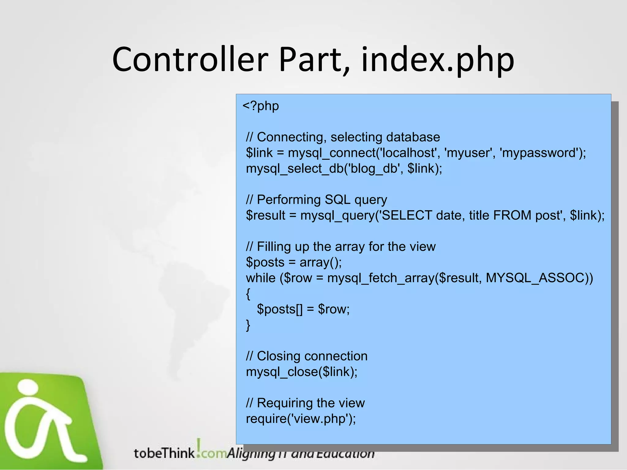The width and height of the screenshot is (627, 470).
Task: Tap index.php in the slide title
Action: [x=438, y=60]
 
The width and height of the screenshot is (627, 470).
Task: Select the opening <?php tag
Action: [x=261, y=106]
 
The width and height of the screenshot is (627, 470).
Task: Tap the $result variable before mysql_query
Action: [x=265, y=215]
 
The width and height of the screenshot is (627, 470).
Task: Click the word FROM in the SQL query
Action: [x=512, y=215]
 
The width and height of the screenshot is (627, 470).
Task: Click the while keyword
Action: [x=261, y=278]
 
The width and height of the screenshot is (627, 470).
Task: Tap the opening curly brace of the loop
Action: [x=248, y=294]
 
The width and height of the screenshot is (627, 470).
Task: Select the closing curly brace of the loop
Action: [x=248, y=325]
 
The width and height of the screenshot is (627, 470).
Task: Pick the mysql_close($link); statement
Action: [x=302, y=372]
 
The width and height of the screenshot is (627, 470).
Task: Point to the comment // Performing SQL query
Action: [x=316, y=200]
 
